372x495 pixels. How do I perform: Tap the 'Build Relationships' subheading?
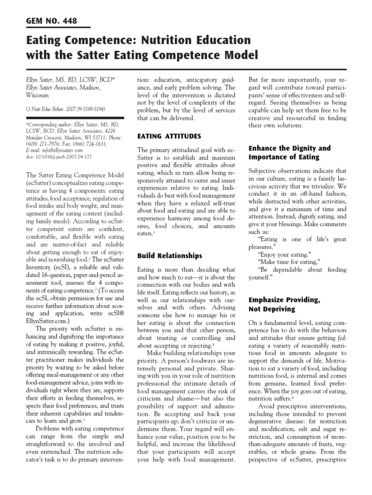point(170,255)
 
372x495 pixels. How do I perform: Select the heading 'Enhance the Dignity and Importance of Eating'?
point(289,152)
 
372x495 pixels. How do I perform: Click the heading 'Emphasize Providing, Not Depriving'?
point(284,304)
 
